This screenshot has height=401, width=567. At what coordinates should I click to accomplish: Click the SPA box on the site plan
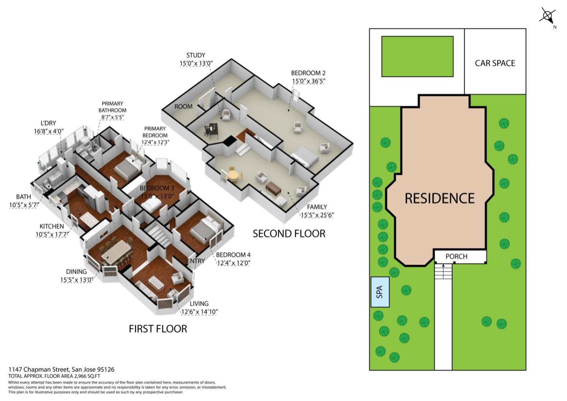pyautogui.click(x=380, y=292)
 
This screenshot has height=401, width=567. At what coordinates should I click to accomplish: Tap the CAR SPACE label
pyautogui.click(x=495, y=63)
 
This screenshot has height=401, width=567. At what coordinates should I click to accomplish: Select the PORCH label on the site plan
pyautogui.click(x=456, y=256)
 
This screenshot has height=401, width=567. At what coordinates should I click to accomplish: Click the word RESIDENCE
pyautogui.click(x=440, y=198)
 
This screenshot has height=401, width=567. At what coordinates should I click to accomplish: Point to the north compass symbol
pyautogui.click(x=547, y=16)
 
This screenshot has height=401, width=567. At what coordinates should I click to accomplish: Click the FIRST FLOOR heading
pyautogui.click(x=158, y=329)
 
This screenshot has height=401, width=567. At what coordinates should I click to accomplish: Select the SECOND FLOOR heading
pyautogui.click(x=289, y=234)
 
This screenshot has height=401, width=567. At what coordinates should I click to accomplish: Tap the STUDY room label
pyautogui.click(x=196, y=55)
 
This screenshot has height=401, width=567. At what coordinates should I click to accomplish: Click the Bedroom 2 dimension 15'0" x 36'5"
pyautogui.click(x=309, y=81)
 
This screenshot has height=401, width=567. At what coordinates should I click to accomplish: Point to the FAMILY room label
pyautogui.click(x=317, y=207)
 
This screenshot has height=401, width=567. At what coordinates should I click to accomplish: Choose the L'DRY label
pyautogui.click(x=48, y=123)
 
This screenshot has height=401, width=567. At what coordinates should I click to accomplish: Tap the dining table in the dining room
pyautogui.click(x=117, y=252)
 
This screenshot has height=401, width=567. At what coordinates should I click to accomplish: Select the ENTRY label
pyautogui.click(x=196, y=261)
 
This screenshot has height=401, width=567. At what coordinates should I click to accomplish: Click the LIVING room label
pyautogui.click(x=199, y=303)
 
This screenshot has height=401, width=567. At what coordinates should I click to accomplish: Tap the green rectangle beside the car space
pyautogui.click(x=417, y=56)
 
